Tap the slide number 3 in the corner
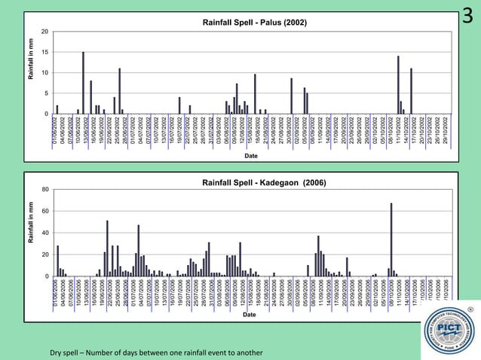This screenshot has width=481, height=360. click(x=470, y=16)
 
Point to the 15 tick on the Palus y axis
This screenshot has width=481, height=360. click(x=46, y=52)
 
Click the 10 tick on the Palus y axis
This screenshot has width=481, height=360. click(x=46, y=72)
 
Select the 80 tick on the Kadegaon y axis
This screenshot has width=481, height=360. click(x=45, y=190)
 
